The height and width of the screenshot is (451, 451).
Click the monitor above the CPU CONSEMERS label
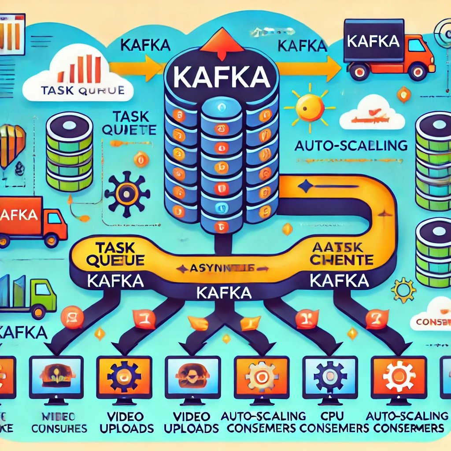tap(330, 377)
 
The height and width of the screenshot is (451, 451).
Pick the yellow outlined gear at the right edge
tap(403, 290)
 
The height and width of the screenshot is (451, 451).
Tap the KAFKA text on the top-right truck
tap(373, 41)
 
